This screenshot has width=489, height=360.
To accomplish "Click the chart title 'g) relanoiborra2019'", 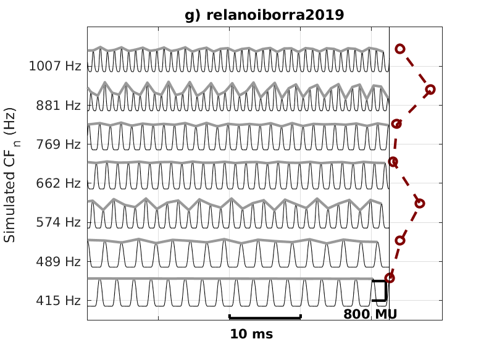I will tap(264, 15).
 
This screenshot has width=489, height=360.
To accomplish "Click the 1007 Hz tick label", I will tap(55, 66).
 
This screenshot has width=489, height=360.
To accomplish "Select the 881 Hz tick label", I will tap(59, 106).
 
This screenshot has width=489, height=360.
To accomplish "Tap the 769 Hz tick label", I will tap(59, 144).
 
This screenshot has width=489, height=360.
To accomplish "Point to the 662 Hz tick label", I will tap(59, 183).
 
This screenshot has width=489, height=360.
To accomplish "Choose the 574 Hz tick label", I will tap(59, 222).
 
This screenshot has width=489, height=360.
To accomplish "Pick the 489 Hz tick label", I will tap(59, 262).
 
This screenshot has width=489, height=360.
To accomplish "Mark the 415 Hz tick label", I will tap(59, 301).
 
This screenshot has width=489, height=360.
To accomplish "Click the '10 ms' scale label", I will tap(251, 335).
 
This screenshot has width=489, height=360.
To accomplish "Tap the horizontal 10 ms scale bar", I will tap(265, 317).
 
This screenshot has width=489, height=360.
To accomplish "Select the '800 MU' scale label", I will tap(370, 314).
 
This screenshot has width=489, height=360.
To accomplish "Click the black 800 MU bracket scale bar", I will tap(385, 291).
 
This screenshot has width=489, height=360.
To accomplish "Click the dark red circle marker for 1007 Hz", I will tap(400, 48).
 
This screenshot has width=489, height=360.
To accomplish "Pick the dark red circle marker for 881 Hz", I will tap(430, 90).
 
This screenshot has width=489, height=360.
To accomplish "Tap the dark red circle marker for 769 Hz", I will tap(396, 124).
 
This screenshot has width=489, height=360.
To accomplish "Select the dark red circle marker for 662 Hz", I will tap(393, 162).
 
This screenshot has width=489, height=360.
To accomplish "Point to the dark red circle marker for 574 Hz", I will tap(420, 203).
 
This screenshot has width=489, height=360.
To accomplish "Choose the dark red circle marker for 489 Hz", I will tap(400, 240).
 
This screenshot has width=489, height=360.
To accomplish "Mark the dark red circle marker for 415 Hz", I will tap(390, 278).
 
